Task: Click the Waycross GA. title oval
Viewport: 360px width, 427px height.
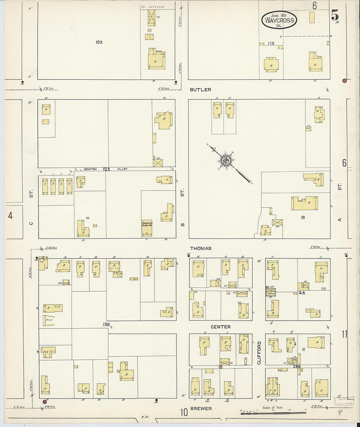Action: [x=279, y=20]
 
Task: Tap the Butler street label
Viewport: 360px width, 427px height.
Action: [x=200, y=90]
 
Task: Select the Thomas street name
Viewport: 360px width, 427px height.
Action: [x=201, y=248]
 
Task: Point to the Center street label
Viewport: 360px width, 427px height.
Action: [x=221, y=327]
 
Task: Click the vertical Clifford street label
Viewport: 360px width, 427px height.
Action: [x=259, y=353]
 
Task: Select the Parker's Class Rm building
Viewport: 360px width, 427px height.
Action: [x=147, y=228]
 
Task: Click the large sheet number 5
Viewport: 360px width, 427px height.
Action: [x=334, y=15]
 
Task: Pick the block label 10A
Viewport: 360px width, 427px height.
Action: [x=99, y=42]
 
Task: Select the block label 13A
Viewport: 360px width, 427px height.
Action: [x=106, y=325]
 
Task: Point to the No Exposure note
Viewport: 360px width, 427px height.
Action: [x=153, y=7]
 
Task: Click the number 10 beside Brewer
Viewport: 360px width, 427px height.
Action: [x=184, y=412]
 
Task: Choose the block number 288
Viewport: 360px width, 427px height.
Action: [x=297, y=367]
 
